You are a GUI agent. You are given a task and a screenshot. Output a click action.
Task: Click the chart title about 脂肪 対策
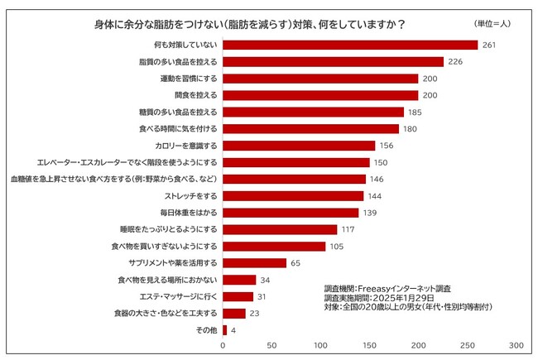[x=249, y=25]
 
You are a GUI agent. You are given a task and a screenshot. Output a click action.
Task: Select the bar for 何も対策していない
[x=350, y=45]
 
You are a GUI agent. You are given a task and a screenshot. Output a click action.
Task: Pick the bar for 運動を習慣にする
[x=320, y=78]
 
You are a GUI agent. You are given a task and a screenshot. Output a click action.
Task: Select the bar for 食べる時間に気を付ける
[x=310, y=128]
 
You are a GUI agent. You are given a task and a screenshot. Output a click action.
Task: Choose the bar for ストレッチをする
[x=293, y=196]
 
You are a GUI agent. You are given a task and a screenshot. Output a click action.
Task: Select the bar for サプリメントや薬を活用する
[x=254, y=263]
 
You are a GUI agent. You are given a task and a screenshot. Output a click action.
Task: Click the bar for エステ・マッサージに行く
[x=238, y=296]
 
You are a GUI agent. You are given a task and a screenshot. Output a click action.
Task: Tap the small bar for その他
[x=224, y=330]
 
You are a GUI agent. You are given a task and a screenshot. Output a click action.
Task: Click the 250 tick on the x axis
[x=468, y=345]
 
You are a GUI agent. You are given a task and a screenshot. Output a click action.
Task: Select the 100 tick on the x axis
[x=320, y=345]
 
